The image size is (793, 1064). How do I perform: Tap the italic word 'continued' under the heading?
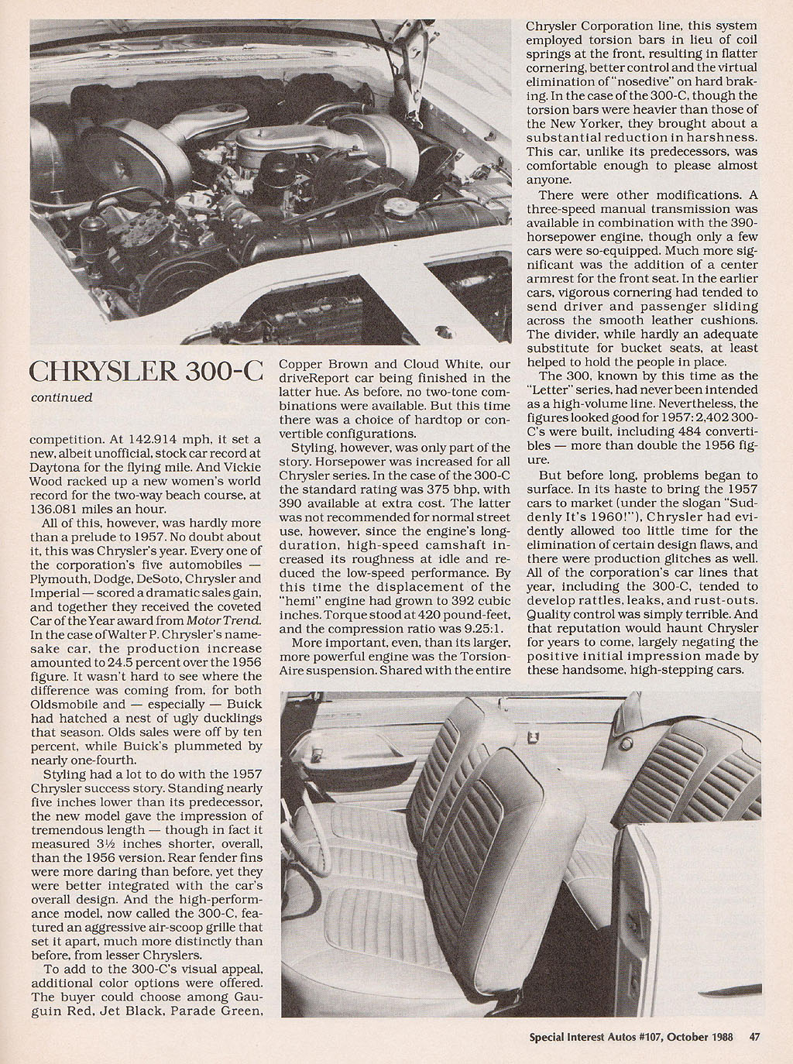[61, 398]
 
